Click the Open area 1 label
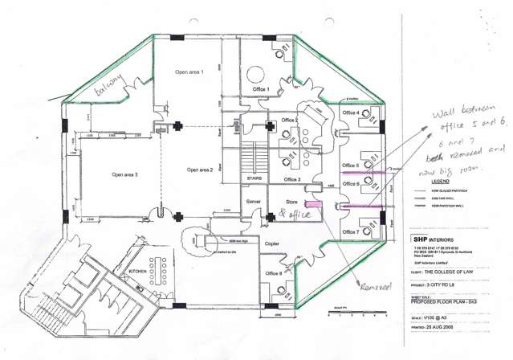pyautogui.click(x=189, y=72)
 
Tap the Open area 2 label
pyautogui.click(x=200, y=170)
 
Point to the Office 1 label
pyautogui.click(x=260, y=89)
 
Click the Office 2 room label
pyautogui.click(x=290, y=120)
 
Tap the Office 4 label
pyautogui.click(x=350, y=112)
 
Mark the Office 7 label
pyautogui.click(x=351, y=232)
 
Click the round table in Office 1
pyautogui.click(x=260, y=70)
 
